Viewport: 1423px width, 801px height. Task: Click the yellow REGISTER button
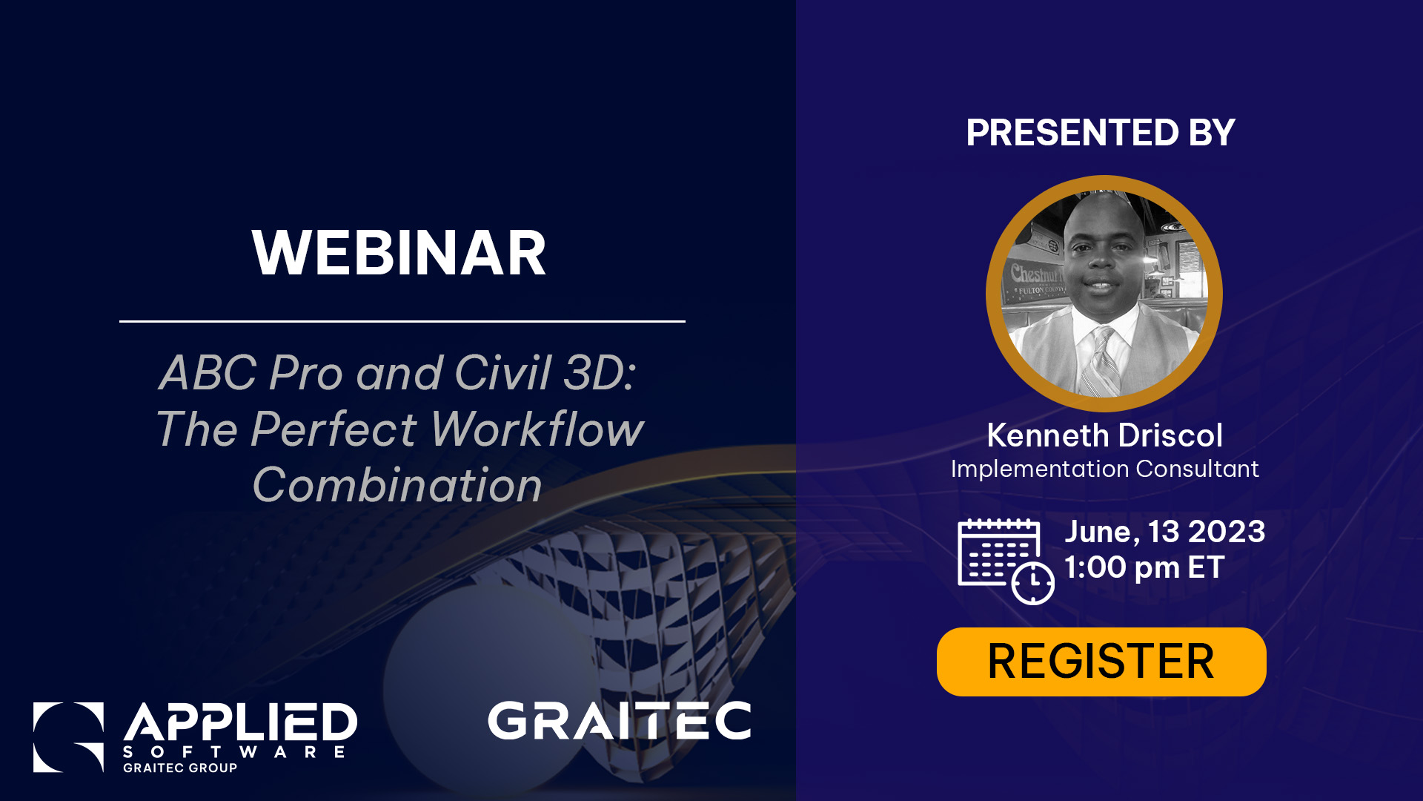tap(1101, 662)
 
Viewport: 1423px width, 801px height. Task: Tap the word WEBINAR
tap(399, 254)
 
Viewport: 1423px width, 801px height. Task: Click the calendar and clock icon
tap(1004, 560)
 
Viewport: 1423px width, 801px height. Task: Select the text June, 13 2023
tap(1164, 532)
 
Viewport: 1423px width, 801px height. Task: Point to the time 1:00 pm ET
tap(1144, 567)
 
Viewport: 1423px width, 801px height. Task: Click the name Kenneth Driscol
tap(1104, 435)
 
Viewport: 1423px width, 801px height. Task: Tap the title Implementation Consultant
tap(1104, 469)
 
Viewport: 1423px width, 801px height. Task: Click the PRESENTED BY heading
tap(1101, 133)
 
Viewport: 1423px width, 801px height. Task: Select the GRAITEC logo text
tap(620, 721)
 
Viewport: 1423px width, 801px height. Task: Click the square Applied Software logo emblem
tap(68, 736)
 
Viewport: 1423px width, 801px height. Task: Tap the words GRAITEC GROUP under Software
tap(180, 768)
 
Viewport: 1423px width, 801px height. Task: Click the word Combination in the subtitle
tap(397, 486)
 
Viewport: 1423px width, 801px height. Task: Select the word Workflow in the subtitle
tap(537, 429)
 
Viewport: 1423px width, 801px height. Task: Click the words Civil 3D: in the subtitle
tap(545, 372)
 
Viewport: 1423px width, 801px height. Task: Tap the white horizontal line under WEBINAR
tap(402, 321)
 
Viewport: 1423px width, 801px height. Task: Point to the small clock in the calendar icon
tap(1033, 583)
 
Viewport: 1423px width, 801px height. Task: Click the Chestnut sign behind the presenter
tap(1035, 274)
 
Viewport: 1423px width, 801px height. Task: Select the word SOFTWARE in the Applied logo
tap(234, 752)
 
